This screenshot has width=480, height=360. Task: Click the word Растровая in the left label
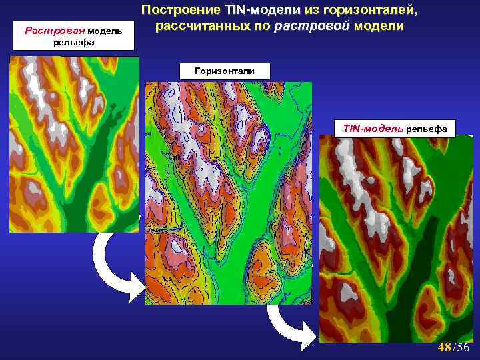[48, 30]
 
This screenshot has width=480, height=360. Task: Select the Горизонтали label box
[223, 70]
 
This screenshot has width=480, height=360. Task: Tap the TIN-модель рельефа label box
[395, 127]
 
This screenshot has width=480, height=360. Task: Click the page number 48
[444, 347]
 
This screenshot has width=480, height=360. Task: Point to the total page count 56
[464, 347]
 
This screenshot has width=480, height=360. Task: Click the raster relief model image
[73, 144]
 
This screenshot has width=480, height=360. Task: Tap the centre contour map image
[228, 193]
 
